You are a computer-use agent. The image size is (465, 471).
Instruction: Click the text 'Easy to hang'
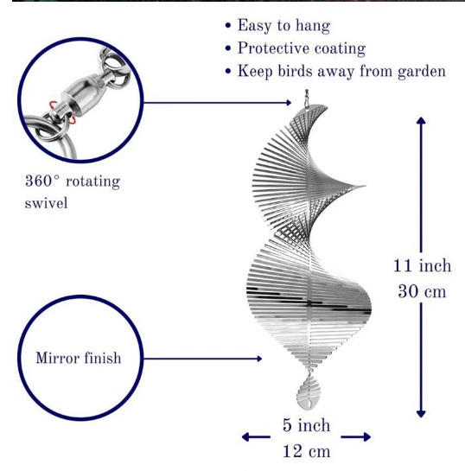[x=283, y=26]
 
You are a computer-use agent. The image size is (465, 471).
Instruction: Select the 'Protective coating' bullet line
[x=302, y=48]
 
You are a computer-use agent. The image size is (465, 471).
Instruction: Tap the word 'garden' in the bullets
[x=422, y=72]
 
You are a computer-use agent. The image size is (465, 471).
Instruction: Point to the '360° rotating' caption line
[x=73, y=181]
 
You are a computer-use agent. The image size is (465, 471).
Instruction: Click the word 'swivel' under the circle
[x=47, y=203]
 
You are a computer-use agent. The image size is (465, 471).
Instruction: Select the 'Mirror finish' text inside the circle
[x=79, y=358]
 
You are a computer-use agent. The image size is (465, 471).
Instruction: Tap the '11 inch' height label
[x=422, y=266]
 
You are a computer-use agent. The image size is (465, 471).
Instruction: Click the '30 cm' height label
[x=422, y=291]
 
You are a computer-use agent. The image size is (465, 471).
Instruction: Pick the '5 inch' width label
[x=306, y=425]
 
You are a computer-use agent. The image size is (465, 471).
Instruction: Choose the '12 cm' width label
[x=306, y=451]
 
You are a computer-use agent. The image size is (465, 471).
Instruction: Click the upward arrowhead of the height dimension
[x=421, y=120]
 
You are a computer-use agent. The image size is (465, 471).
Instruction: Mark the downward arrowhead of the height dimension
[x=421, y=414]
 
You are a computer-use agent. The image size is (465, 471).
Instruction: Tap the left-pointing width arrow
[x=256, y=437]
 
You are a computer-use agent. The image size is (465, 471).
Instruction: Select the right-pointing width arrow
[x=356, y=437]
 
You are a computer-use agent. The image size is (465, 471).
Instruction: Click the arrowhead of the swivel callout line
[x=289, y=103]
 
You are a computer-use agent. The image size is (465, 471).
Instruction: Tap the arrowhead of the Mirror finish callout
[x=259, y=359]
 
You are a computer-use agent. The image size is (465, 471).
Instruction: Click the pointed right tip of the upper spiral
[x=364, y=186]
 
